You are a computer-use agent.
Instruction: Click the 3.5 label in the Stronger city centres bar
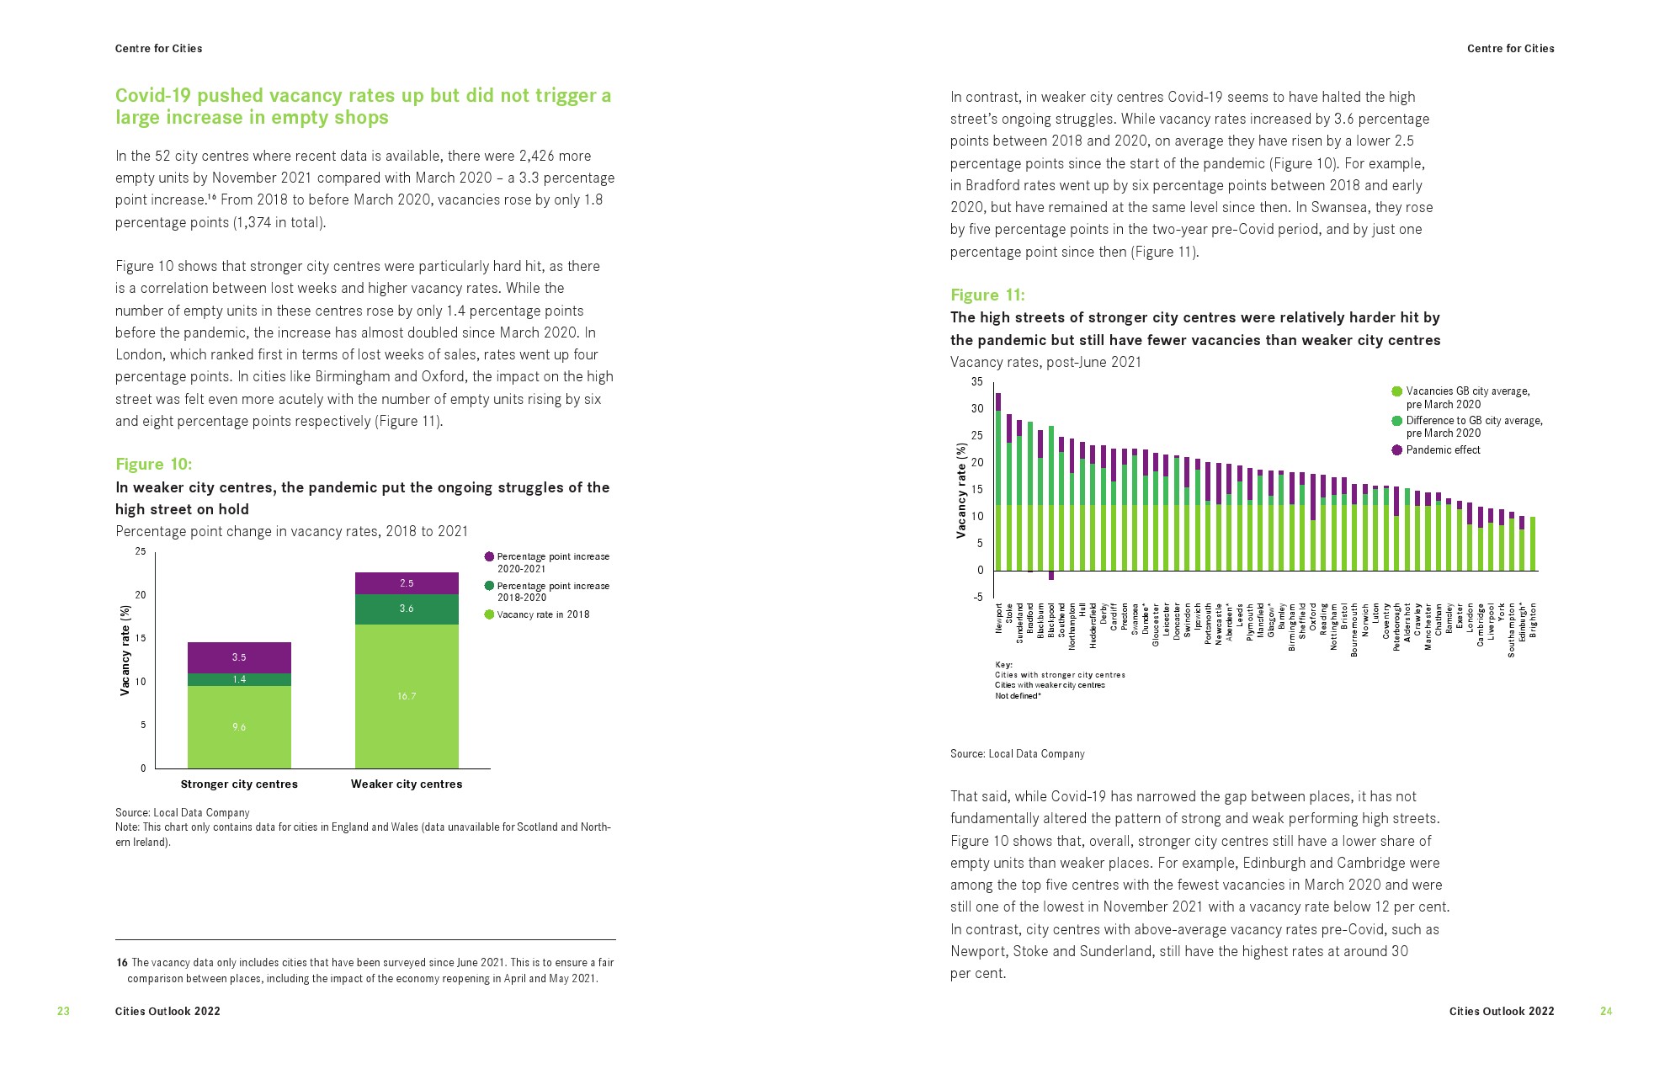239,657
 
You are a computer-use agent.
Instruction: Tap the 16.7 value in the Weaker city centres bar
407,696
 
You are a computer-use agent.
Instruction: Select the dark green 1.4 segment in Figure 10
239,679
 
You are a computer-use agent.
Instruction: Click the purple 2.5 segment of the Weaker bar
407,583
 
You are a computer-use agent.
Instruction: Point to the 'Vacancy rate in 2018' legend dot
489,614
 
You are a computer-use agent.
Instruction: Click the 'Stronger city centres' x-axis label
239,784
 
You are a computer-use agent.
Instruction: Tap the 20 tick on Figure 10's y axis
141,595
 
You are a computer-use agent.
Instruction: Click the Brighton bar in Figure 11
1533,544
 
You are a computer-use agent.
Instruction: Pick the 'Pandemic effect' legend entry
1443,450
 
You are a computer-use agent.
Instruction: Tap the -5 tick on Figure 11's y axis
977,598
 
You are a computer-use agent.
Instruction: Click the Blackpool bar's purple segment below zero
1051,576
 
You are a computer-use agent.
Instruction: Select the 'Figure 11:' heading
987,295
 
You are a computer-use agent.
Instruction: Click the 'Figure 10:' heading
153,465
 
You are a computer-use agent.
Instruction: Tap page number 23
63,1012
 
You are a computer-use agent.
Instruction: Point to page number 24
1606,1012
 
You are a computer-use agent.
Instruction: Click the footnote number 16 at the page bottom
121,963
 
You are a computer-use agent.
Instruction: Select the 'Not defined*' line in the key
1018,696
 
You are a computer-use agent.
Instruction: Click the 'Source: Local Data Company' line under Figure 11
1017,754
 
